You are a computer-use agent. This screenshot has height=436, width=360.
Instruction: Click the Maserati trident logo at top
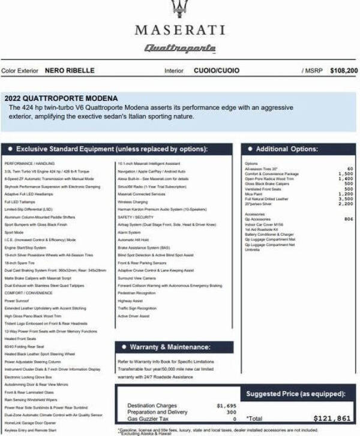click(179, 8)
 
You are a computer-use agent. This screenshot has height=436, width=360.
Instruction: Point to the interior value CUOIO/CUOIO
click(216, 71)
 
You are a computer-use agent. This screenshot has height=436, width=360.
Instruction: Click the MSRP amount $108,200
click(343, 71)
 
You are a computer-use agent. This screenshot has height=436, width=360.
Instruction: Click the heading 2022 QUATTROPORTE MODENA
click(61, 98)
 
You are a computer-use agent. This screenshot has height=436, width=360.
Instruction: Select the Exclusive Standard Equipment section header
click(111, 149)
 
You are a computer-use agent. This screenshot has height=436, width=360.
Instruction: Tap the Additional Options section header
click(287, 149)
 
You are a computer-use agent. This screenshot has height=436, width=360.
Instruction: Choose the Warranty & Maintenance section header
click(170, 347)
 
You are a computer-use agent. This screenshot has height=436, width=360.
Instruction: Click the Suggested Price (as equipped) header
click(296, 393)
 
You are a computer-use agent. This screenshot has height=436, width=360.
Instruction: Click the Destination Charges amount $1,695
click(226, 406)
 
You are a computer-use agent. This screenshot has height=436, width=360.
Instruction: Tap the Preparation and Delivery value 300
click(231, 413)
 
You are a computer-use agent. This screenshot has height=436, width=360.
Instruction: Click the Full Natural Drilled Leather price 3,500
click(346, 199)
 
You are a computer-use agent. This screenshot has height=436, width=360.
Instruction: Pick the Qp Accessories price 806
click(349, 219)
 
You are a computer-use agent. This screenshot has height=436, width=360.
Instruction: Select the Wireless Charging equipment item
click(133, 202)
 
